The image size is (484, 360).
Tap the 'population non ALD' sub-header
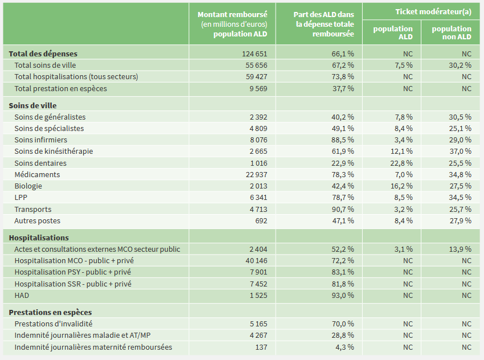452,32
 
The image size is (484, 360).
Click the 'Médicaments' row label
37,174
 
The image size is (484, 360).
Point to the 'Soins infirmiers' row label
40,140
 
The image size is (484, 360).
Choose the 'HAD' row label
22,295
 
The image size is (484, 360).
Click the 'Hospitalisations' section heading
39,238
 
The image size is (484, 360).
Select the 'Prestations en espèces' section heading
50,312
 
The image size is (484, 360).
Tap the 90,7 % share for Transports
343,209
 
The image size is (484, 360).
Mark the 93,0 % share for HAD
343,295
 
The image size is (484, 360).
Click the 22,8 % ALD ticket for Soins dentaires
401,163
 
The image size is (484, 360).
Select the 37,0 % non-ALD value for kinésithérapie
460,151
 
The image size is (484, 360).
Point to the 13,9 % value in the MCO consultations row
460,249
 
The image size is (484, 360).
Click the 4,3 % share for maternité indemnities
345,347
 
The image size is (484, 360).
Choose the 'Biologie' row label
28,186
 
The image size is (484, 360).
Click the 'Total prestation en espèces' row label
60,88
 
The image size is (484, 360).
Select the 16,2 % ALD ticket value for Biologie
401,186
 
